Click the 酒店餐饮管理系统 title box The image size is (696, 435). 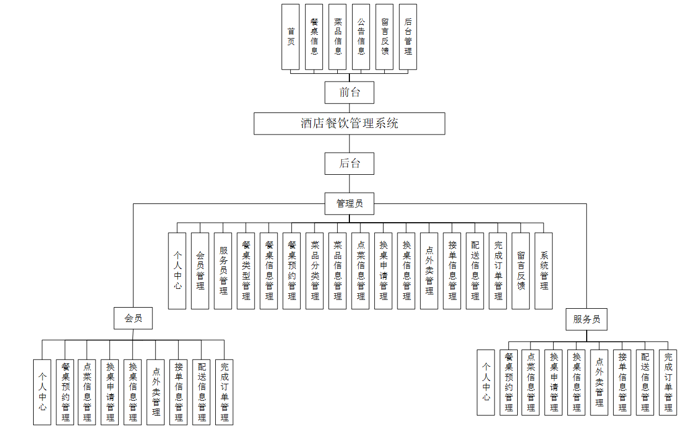pos(349,123)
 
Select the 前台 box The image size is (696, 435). pos(349,92)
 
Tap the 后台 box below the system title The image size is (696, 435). pos(349,163)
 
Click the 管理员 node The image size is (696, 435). pos(349,203)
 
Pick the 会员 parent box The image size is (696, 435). pos(133,318)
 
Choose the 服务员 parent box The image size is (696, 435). pos(586,319)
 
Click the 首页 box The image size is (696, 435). pos(290,37)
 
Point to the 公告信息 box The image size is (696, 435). pos(361,37)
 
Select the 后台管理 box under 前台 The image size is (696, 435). pos(408,37)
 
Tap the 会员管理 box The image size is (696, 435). pos(200,270)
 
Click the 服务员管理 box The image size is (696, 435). pos(223,270)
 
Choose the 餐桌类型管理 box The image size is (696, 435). pos(246,270)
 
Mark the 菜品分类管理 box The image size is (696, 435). pos(315,270)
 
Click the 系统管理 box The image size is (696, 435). pos(544,270)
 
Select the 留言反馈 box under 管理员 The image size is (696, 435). pos(521,270)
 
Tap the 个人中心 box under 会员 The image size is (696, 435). pos(42,391)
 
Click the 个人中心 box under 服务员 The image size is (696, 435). pos(486,382)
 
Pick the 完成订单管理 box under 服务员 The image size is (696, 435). pos(668,382)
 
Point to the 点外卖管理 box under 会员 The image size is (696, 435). pos(156,391)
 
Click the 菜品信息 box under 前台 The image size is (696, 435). pos(338,37)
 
